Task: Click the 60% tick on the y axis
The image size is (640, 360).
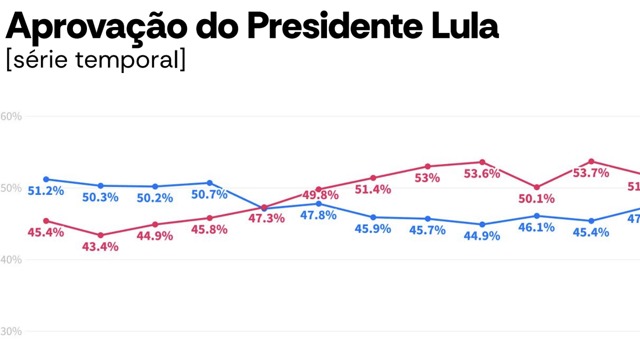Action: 11,116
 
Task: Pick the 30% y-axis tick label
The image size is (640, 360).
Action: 11,331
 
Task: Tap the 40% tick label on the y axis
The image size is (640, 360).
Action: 11,260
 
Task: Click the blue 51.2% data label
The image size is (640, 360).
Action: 45,191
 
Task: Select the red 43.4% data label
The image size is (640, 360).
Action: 100,246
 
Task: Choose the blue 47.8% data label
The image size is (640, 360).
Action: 318,215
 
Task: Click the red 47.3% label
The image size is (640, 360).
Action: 266,218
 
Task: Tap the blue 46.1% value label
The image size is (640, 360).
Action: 536,228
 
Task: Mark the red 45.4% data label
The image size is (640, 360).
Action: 45,232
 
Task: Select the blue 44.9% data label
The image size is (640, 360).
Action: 482,236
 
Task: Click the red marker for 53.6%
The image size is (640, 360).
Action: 482,162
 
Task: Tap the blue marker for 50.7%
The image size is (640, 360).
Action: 209,183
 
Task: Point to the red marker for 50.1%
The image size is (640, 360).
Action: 536,187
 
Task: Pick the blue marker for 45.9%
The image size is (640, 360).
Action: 373,217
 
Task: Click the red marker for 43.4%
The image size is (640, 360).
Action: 100,235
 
